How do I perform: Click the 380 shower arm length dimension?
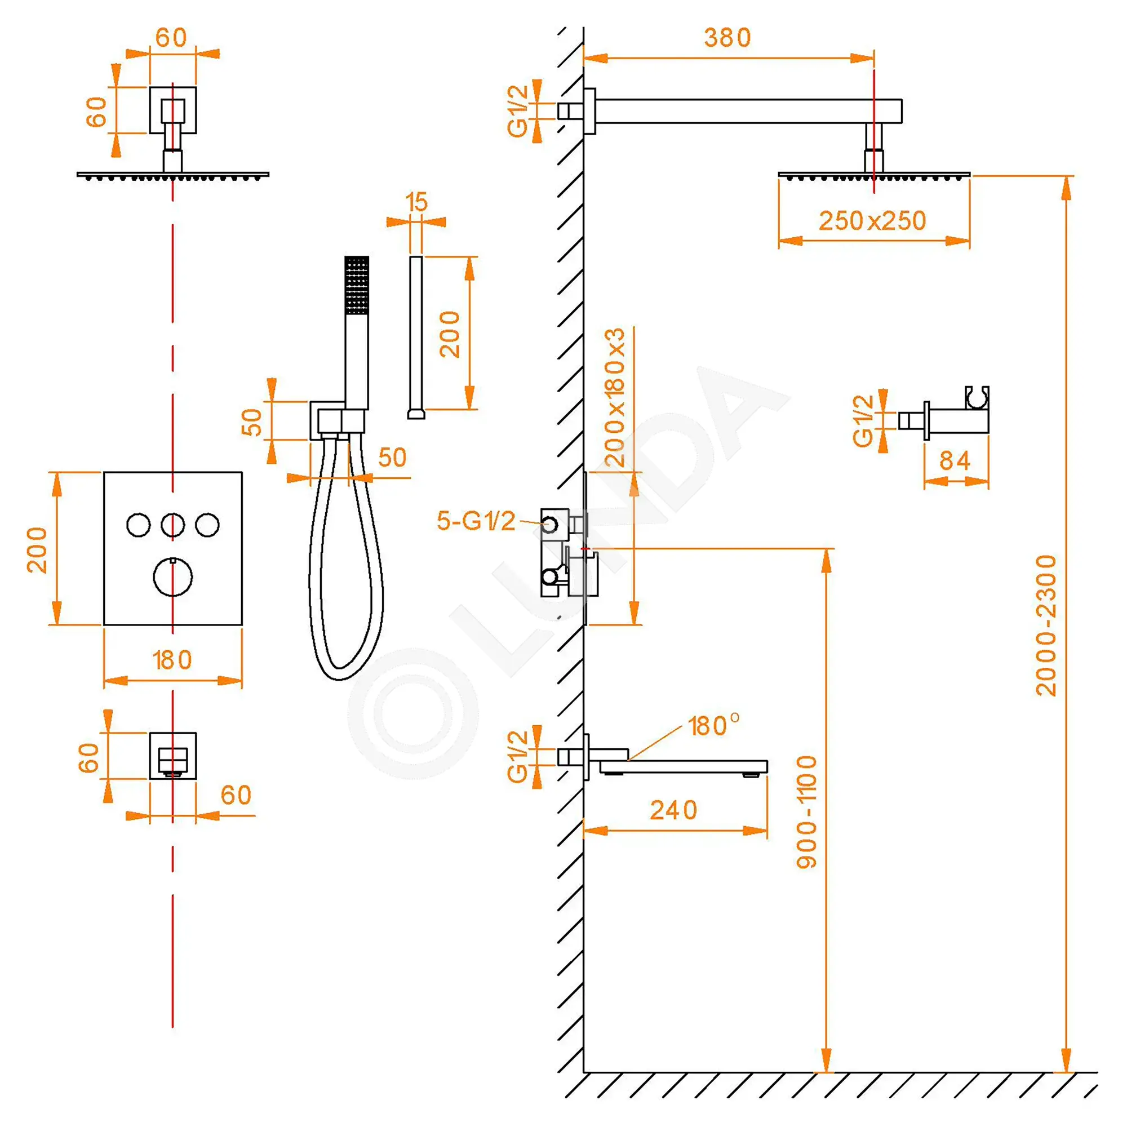click(x=727, y=38)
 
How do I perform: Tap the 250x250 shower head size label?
click(x=872, y=221)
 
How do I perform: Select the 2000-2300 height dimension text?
click(x=1046, y=625)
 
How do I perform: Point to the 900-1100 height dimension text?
click(x=807, y=812)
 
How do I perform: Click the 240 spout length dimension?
click(x=674, y=810)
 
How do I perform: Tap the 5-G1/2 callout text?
click(x=476, y=521)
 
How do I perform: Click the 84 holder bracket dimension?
click(x=955, y=461)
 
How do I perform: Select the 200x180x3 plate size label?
click(x=615, y=397)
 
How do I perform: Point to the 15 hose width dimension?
click(x=416, y=202)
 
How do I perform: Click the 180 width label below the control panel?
click(x=172, y=660)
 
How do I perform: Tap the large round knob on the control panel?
click(x=172, y=576)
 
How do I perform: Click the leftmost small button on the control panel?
click(x=138, y=525)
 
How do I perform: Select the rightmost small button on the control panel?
click(x=207, y=525)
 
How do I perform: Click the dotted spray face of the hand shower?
click(x=357, y=285)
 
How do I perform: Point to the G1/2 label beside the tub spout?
click(x=517, y=757)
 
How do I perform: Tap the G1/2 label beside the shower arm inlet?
click(x=517, y=111)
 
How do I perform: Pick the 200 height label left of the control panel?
click(x=37, y=549)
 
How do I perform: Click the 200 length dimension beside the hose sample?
click(x=450, y=334)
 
